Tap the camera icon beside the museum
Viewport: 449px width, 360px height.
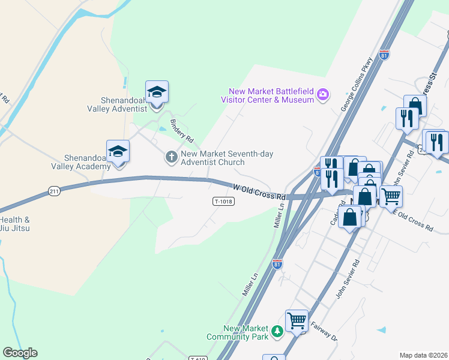[323, 95]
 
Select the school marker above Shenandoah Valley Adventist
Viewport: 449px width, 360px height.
[157, 92]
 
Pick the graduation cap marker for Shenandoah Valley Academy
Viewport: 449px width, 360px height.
[118, 152]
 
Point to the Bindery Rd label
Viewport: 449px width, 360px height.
[182, 130]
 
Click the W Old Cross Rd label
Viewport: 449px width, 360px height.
[259, 193]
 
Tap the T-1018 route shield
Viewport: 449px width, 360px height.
[223, 202]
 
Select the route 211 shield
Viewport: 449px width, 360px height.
[54, 191]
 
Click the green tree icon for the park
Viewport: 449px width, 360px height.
[277, 331]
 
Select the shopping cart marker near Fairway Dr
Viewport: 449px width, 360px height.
[297, 321]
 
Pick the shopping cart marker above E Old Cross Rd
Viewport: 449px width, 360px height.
[391, 196]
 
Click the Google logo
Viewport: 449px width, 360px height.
[20, 353]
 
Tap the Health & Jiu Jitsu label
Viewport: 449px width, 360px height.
[16, 224]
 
